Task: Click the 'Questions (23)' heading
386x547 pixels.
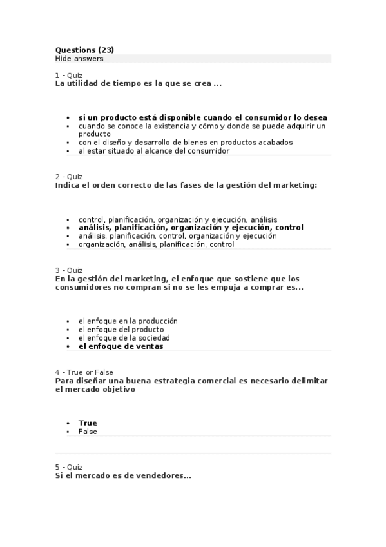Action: coord(84,50)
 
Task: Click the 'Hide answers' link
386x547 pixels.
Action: coord(79,59)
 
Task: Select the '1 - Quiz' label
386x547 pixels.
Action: coord(69,75)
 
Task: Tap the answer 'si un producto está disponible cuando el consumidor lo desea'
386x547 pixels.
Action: coord(202,118)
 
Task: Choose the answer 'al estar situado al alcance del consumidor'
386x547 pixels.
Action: coord(153,151)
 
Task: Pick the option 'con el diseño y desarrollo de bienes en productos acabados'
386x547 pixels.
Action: coord(185,143)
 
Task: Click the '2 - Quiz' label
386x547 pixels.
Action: coord(69,177)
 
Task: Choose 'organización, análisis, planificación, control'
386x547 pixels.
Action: coord(156,244)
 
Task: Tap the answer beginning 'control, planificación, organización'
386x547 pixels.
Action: coord(178,219)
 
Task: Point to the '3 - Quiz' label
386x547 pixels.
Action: coord(69,270)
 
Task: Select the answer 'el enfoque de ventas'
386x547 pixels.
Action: coord(121,346)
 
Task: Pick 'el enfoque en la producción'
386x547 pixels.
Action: coord(128,321)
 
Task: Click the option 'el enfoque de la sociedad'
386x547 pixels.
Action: coord(124,338)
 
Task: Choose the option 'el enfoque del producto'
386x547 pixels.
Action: coord(121,329)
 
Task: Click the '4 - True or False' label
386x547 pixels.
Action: coord(84,372)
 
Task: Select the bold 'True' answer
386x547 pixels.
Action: coord(88,423)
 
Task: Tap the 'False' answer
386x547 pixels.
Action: coord(88,432)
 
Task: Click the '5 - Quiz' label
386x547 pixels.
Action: coord(69,467)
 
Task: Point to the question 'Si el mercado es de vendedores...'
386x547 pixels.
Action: coord(123,476)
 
